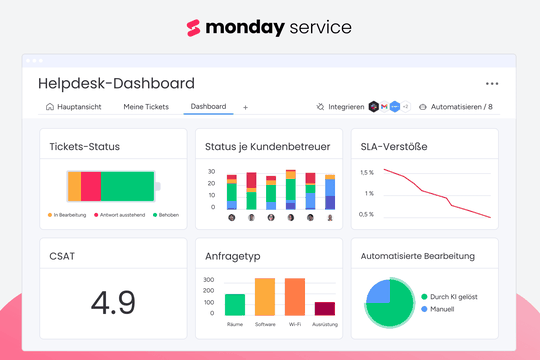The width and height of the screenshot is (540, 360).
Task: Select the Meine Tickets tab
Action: [146, 106]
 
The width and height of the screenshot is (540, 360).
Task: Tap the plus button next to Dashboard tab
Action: [246, 107]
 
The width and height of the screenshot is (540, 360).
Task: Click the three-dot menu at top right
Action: [491, 84]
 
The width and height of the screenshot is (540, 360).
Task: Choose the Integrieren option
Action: [340, 106]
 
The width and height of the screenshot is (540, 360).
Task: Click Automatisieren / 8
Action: [455, 106]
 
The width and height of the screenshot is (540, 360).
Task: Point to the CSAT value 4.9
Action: [113, 299]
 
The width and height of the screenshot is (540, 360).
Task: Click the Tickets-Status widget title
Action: [85, 147]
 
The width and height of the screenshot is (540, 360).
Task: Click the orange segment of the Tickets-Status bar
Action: [73, 186]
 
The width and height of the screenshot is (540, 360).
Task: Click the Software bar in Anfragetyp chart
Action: [265, 297]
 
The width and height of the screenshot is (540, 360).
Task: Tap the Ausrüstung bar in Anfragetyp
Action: [325, 309]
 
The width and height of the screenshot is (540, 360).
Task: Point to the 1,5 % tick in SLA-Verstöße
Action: [367, 172]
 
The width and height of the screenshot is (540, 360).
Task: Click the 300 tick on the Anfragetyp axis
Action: [209, 280]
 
